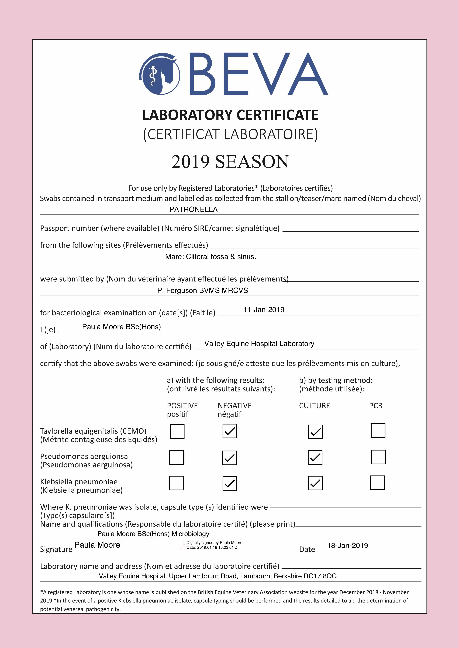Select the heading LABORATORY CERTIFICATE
click(x=230, y=115)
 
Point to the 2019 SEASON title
click(x=230, y=162)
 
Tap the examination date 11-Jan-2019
click(x=264, y=310)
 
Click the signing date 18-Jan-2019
click(x=347, y=545)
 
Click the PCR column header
click(x=376, y=406)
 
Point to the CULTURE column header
click(x=314, y=406)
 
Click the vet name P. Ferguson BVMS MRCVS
click(x=202, y=291)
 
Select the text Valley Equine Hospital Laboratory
click(x=259, y=344)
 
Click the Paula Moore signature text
click(x=97, y=545)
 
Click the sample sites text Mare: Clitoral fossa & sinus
click(x=210, y=257)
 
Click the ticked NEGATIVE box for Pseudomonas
click(x=230, y=458)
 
